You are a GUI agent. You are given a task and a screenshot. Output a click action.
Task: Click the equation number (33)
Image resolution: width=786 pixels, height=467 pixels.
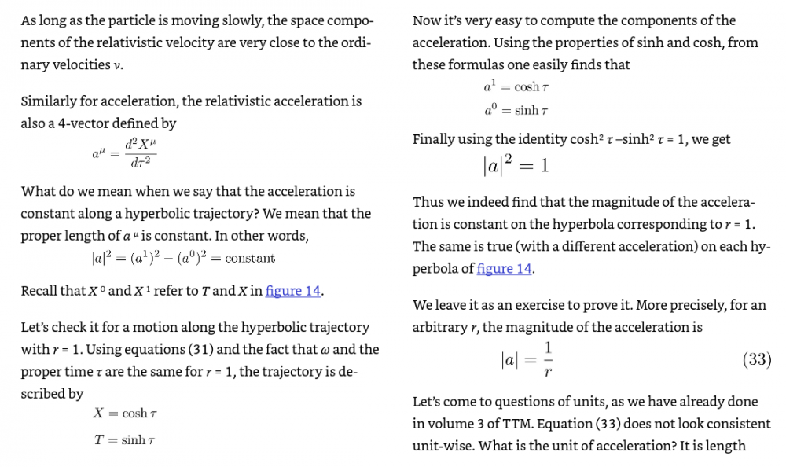(x=756, y=360)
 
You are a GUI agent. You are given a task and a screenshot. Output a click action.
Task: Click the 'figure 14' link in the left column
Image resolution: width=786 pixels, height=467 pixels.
(x=293, y=291)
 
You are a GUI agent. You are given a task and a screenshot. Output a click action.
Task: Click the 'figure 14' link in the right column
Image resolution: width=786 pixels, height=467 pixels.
(x=505, y=269)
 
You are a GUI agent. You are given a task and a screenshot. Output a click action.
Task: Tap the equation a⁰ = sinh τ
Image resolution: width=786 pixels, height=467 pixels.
(x=516, y=112)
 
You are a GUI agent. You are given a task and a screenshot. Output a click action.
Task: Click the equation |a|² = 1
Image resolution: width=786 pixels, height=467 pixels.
(x=516, y=165)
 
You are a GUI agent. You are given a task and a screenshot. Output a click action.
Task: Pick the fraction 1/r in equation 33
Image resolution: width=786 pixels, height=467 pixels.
(x=548, y=359)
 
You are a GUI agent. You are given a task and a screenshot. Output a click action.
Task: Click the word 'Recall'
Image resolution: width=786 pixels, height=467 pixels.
(x=40, y=291)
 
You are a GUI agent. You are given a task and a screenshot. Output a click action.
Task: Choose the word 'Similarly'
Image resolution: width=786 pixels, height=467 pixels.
(x=50, y=101)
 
